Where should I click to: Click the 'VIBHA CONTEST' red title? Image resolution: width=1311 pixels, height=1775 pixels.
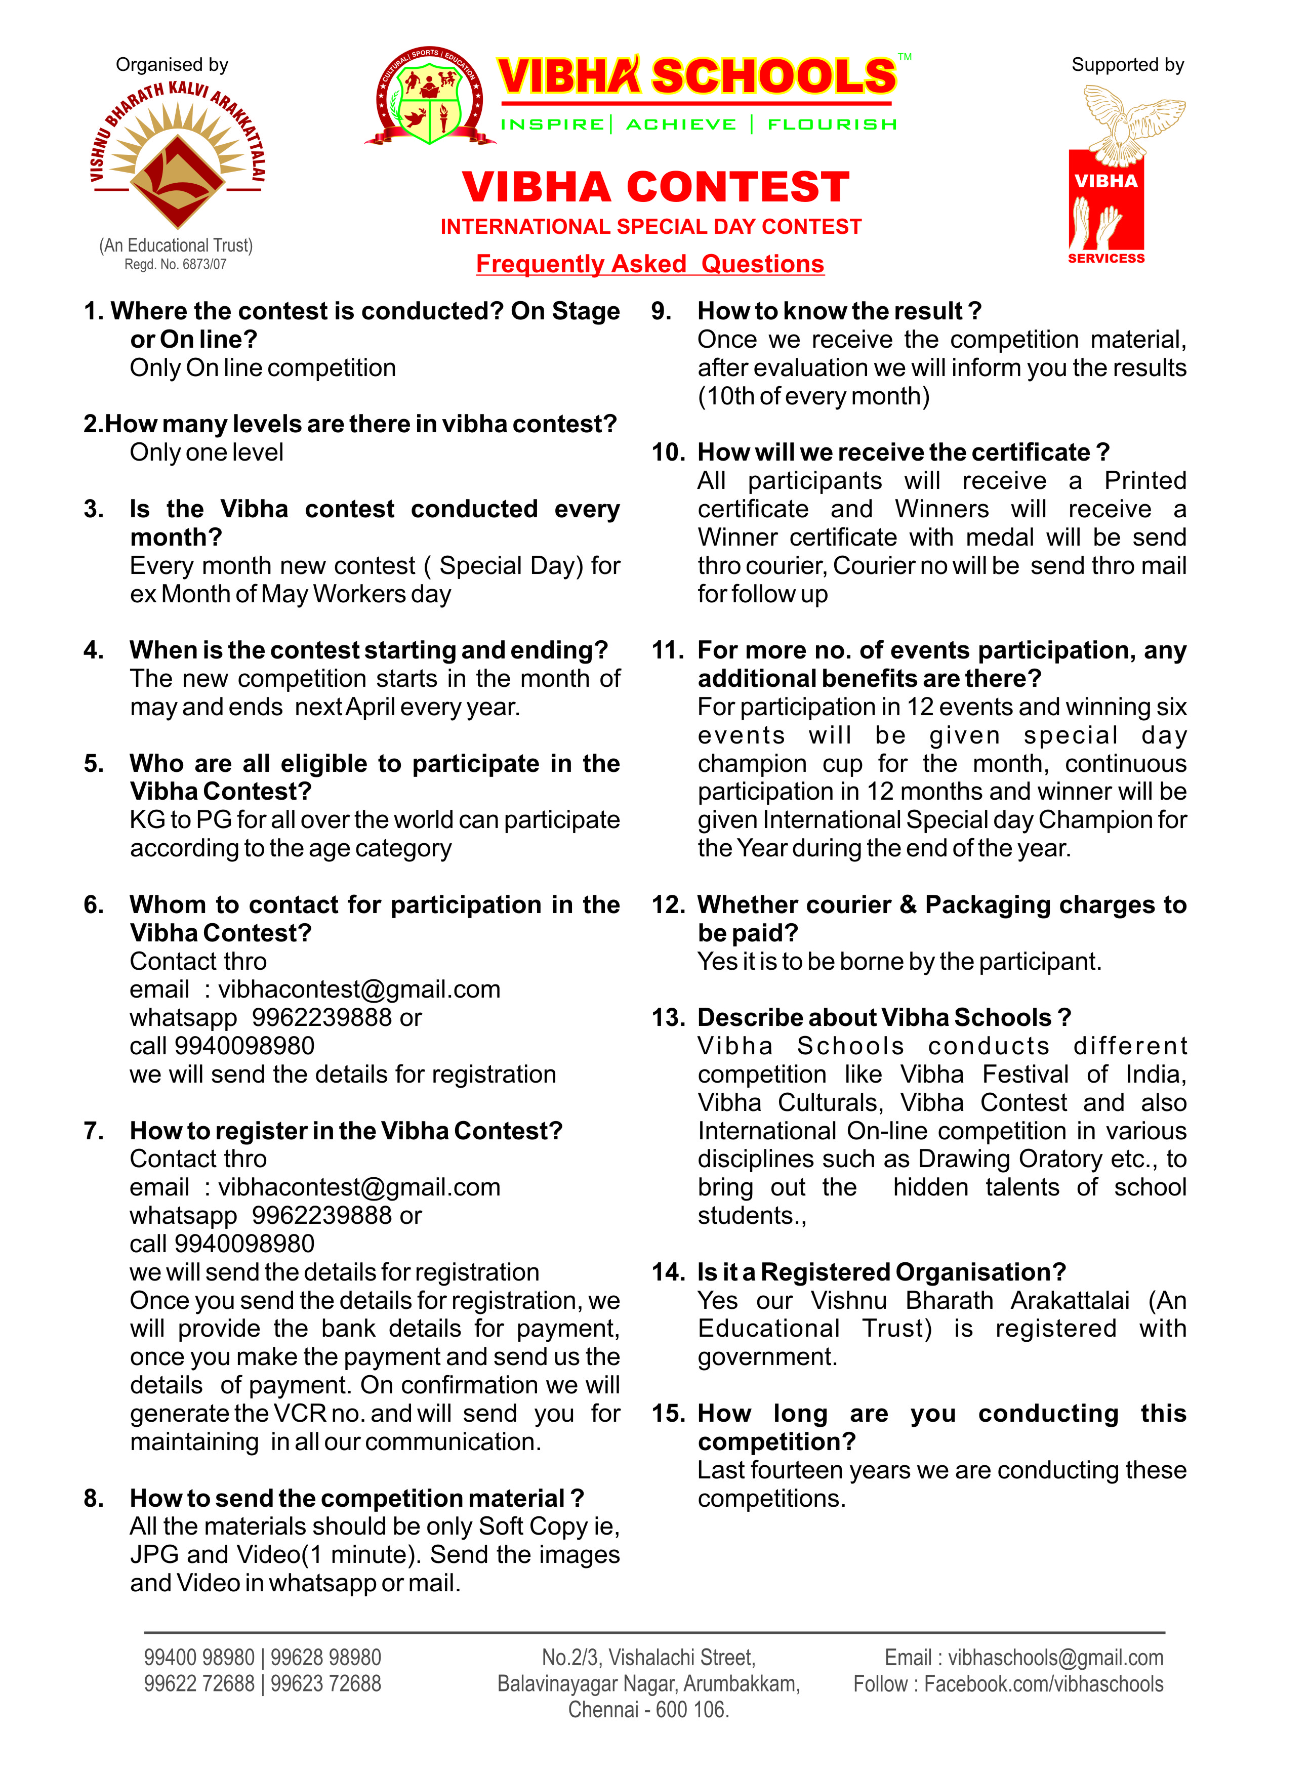[655, 187]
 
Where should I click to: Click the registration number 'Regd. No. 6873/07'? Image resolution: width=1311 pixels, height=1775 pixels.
[175, 264]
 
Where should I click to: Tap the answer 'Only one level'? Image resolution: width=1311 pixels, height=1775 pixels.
[207, 452]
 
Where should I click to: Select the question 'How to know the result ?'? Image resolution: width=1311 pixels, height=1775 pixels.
[839, 311]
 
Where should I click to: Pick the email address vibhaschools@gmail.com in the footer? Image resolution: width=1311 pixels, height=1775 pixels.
[1055, 1658]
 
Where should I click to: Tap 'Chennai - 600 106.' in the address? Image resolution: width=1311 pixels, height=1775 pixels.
[648, 1709]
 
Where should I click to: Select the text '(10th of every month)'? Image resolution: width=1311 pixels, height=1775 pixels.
[813, 396]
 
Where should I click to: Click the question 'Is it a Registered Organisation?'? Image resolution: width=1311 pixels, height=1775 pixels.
[881, 1272]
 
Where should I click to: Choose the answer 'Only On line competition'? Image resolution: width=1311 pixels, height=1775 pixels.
[263, 367]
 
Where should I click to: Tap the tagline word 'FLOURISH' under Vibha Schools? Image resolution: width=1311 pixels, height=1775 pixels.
[832, 125]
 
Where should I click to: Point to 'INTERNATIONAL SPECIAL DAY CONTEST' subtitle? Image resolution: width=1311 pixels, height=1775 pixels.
[651, 227]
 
